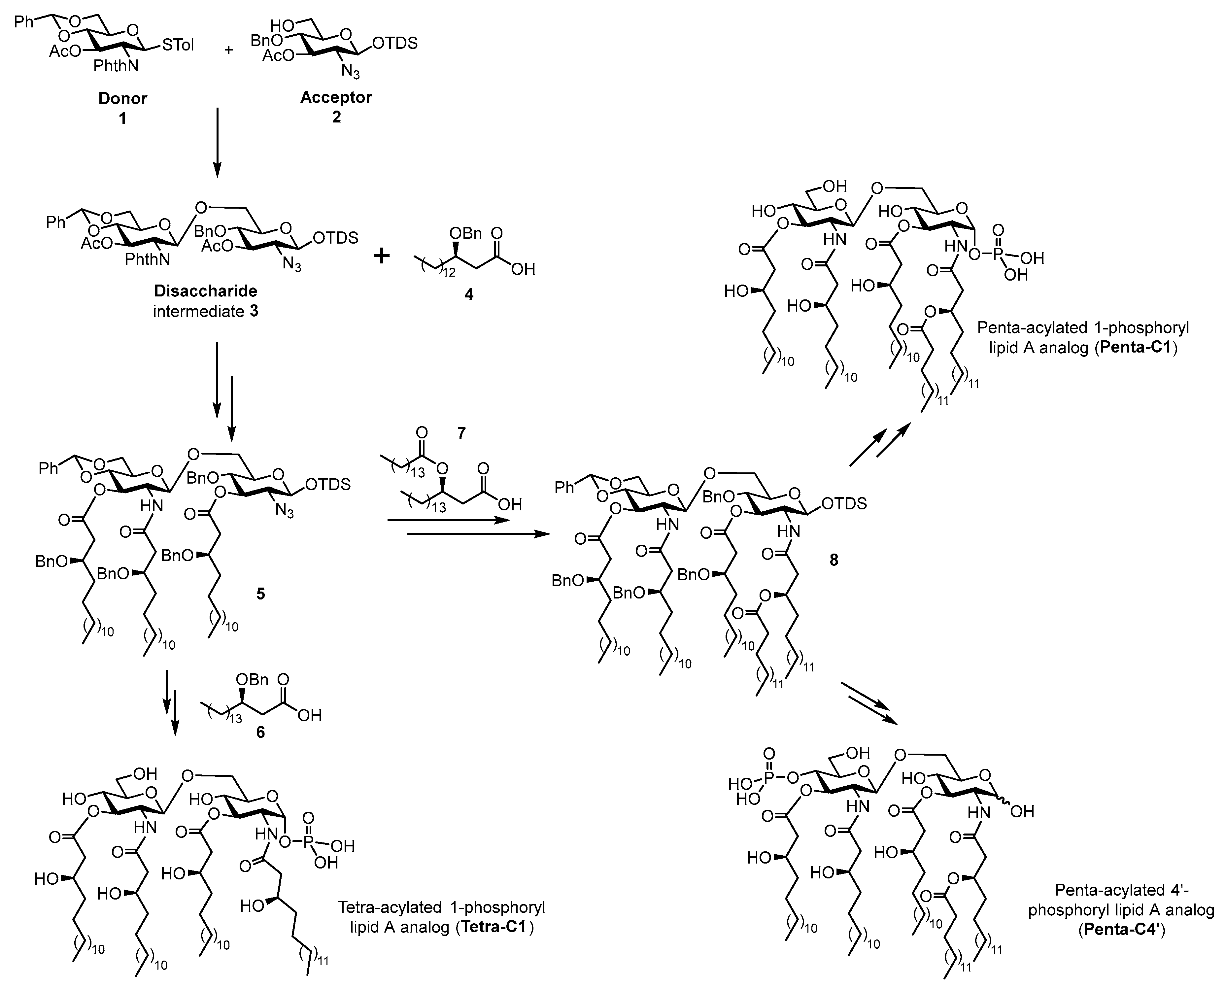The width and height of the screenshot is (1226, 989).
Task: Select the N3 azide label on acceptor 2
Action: coord(350,72)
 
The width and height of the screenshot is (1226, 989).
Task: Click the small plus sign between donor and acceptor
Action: coord(228,50)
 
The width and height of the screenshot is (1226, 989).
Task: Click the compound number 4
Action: coord(469,294)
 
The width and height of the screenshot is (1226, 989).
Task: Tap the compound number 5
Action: coord(260,594)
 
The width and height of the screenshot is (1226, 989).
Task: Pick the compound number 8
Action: coord(834,560)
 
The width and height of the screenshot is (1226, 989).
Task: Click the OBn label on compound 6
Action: coord(253,680)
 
